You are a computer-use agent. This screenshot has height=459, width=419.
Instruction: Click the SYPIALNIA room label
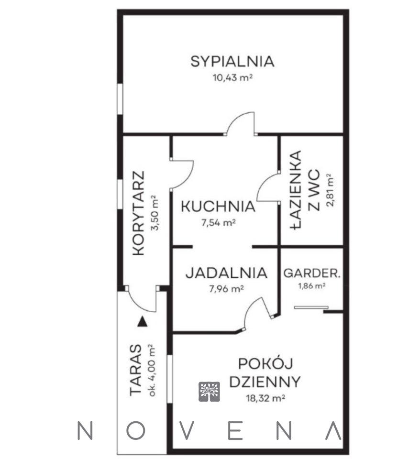pyautogui.click(x=232, y=62)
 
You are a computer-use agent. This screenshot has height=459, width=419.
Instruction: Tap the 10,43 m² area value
pyautogui.click(x=232, y=78)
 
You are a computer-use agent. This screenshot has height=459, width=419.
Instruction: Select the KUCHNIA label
pyautogui.click(x=218, y=207)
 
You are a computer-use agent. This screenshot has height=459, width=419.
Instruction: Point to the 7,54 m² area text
pyautogui.click(x=219, y=223)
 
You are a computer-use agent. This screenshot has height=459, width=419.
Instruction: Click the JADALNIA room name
pyautogui.click(x=226, y=273)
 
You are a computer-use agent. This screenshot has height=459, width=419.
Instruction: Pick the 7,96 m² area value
pyautogui.click(x=226, y=289)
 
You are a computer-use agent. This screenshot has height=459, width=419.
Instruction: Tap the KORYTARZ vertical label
pyautogui.click(x=139, y=213)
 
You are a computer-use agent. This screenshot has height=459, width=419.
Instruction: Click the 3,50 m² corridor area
pyautogui.click(x=154, y=213)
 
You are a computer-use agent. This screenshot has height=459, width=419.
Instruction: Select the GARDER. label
pyautogui.click(x=312, y=273)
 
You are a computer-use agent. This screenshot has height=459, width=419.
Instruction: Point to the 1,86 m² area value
pyautogui.click(x=312, y=286)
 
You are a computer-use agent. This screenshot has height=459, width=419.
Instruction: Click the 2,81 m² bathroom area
pyautogui.click(x=330, y=190)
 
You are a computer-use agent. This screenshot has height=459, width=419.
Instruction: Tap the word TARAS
pyautogui.click(x=135, y=370)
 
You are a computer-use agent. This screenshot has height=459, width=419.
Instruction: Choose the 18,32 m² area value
pyautogui.click(x=266, y=398)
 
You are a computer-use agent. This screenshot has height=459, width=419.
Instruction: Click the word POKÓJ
pyautogui.click(x=265, y=364)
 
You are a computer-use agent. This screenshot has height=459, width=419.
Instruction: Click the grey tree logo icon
pyautogui.click(x=209, y=392)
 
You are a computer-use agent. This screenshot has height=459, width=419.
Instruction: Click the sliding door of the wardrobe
pyautogui.click(x=311, y=307)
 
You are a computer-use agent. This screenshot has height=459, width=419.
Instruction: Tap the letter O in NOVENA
pyautogui.click(x=136, y=431)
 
